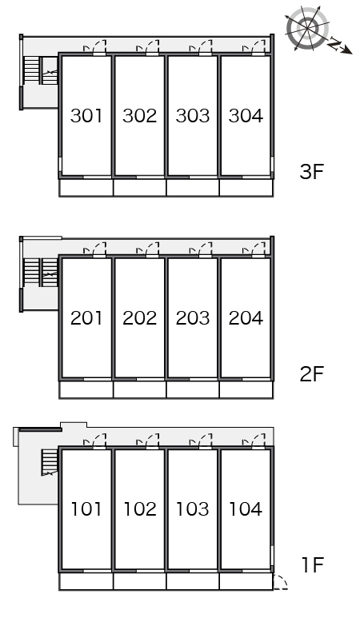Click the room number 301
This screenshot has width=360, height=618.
(86, 115)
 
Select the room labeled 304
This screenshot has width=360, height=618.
(246, 115)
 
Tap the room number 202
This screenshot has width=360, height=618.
(139, 317)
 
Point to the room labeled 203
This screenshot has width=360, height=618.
(193, 317)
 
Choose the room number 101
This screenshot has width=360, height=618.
(86, 508)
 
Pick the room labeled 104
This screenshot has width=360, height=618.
(246, 508)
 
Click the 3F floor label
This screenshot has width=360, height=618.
(311, 171)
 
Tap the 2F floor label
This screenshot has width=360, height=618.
(311, 373)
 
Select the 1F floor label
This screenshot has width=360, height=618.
(313, 564)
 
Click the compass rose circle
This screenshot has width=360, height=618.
(307, 28)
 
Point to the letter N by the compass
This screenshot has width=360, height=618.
(334, 44)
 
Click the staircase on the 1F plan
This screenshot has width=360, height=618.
(50, 462)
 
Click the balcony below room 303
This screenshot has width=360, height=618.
(193, 187)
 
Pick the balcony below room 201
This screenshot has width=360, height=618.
(86, 390)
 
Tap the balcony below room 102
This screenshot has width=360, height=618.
(139, 581)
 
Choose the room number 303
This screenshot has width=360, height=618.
(193, 115)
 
